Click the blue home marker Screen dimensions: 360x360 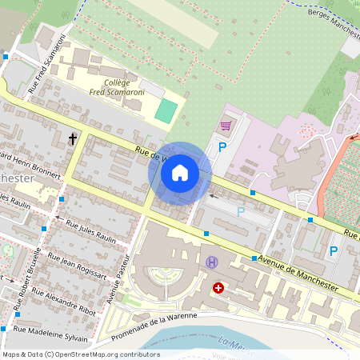click(180, 173)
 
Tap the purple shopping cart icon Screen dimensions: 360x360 click(226, 126)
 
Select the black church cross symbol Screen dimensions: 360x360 click(73, 139)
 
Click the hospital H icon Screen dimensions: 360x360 click(212, 262)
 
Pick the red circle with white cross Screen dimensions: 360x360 click(218, 287)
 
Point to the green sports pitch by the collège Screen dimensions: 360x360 click(165, 111)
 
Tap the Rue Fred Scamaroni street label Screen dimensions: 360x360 click(46, 69)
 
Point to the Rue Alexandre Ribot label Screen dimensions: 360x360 click(67, 300)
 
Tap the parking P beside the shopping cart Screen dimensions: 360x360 click(222, 147)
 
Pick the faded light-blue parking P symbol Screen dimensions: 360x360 click(240, 212)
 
